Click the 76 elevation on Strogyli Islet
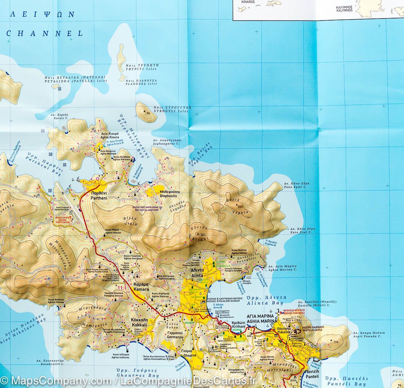pyautogui.click(x=148, y=113)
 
